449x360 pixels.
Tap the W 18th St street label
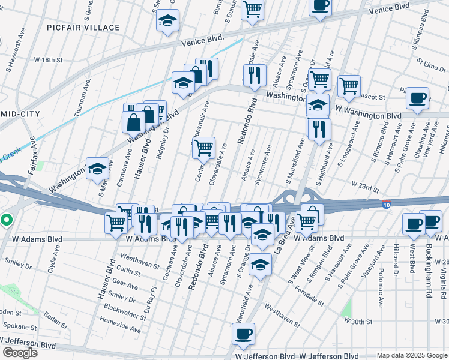[x=49, y=60]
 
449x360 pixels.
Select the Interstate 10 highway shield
[x=386, y=205]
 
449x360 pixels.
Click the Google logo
[x=20, y=353]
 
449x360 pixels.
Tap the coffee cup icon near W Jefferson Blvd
[x=243, y=334]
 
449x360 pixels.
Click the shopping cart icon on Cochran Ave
[x=203, y=147]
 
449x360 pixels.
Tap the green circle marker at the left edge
[x=6, y=220]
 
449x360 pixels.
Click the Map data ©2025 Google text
[x=412, y=355]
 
